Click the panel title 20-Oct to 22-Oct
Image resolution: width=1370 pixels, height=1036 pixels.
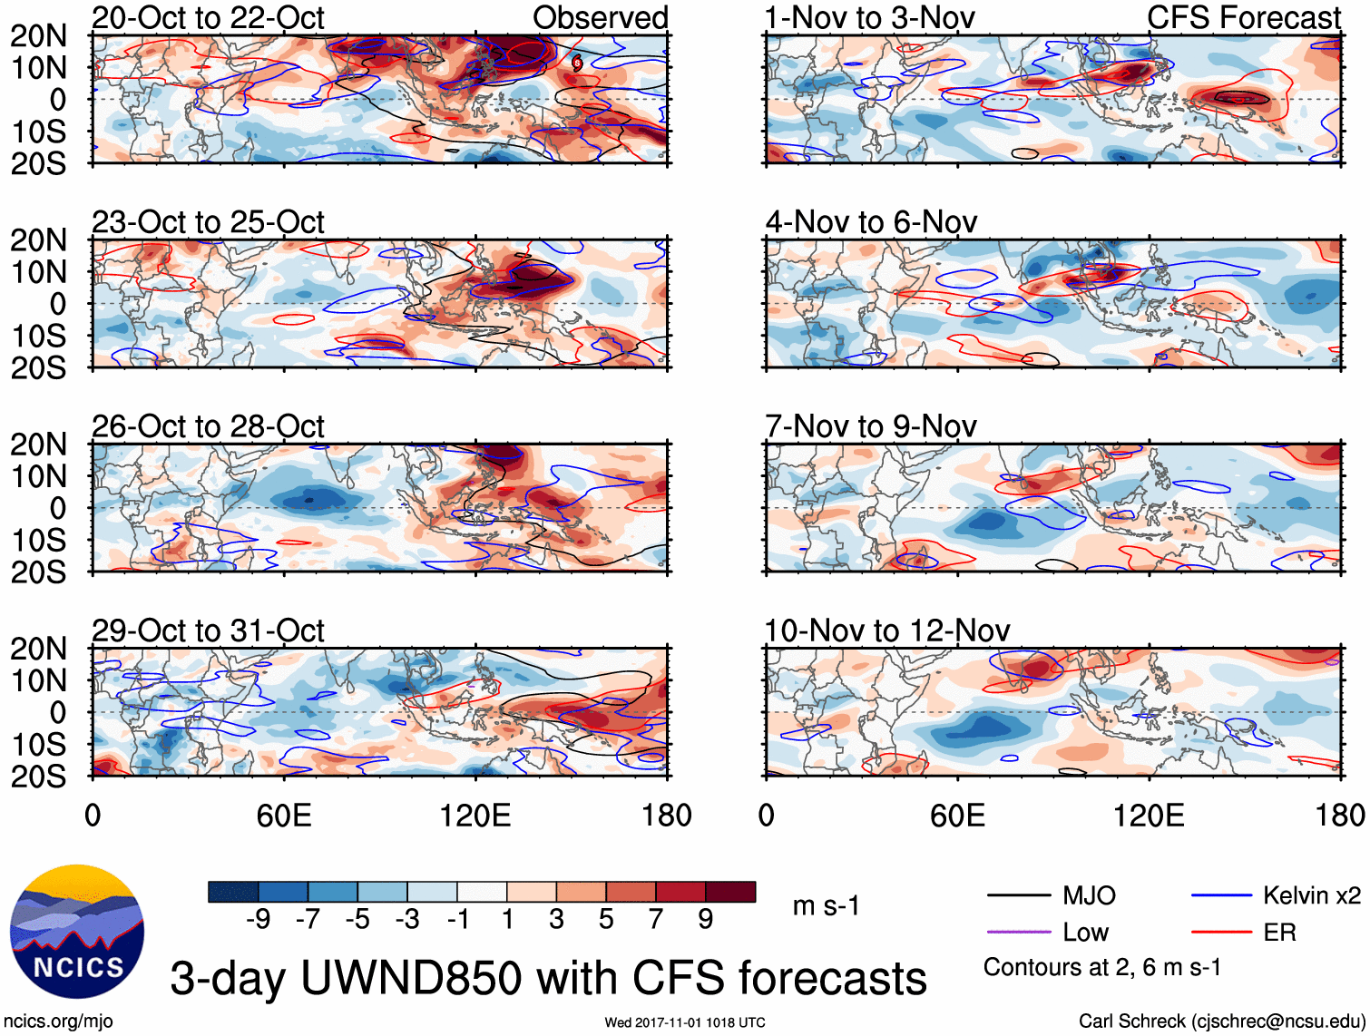(208, 18)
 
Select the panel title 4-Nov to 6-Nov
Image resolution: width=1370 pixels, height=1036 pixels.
(871, 222)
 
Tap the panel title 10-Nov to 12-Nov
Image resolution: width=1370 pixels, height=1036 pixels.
(887, 630)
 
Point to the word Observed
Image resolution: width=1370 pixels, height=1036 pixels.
(600, 18)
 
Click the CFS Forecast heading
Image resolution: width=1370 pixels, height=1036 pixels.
(1243, 18)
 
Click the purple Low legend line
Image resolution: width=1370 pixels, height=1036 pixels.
(1018, 932)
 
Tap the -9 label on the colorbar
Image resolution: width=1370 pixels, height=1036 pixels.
(258, 920)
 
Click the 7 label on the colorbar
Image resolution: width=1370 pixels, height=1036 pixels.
(656, 920)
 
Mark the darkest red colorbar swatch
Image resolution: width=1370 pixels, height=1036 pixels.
(730, 892)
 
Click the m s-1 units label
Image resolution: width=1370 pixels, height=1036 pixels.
(826, 905)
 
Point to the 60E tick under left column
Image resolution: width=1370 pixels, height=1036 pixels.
(284, 816)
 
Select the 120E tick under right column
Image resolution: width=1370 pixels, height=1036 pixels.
(1149, 816)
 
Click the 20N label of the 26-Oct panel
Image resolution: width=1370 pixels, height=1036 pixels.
(38, 445)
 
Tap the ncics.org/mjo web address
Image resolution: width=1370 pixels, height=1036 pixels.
(58, 1021)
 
